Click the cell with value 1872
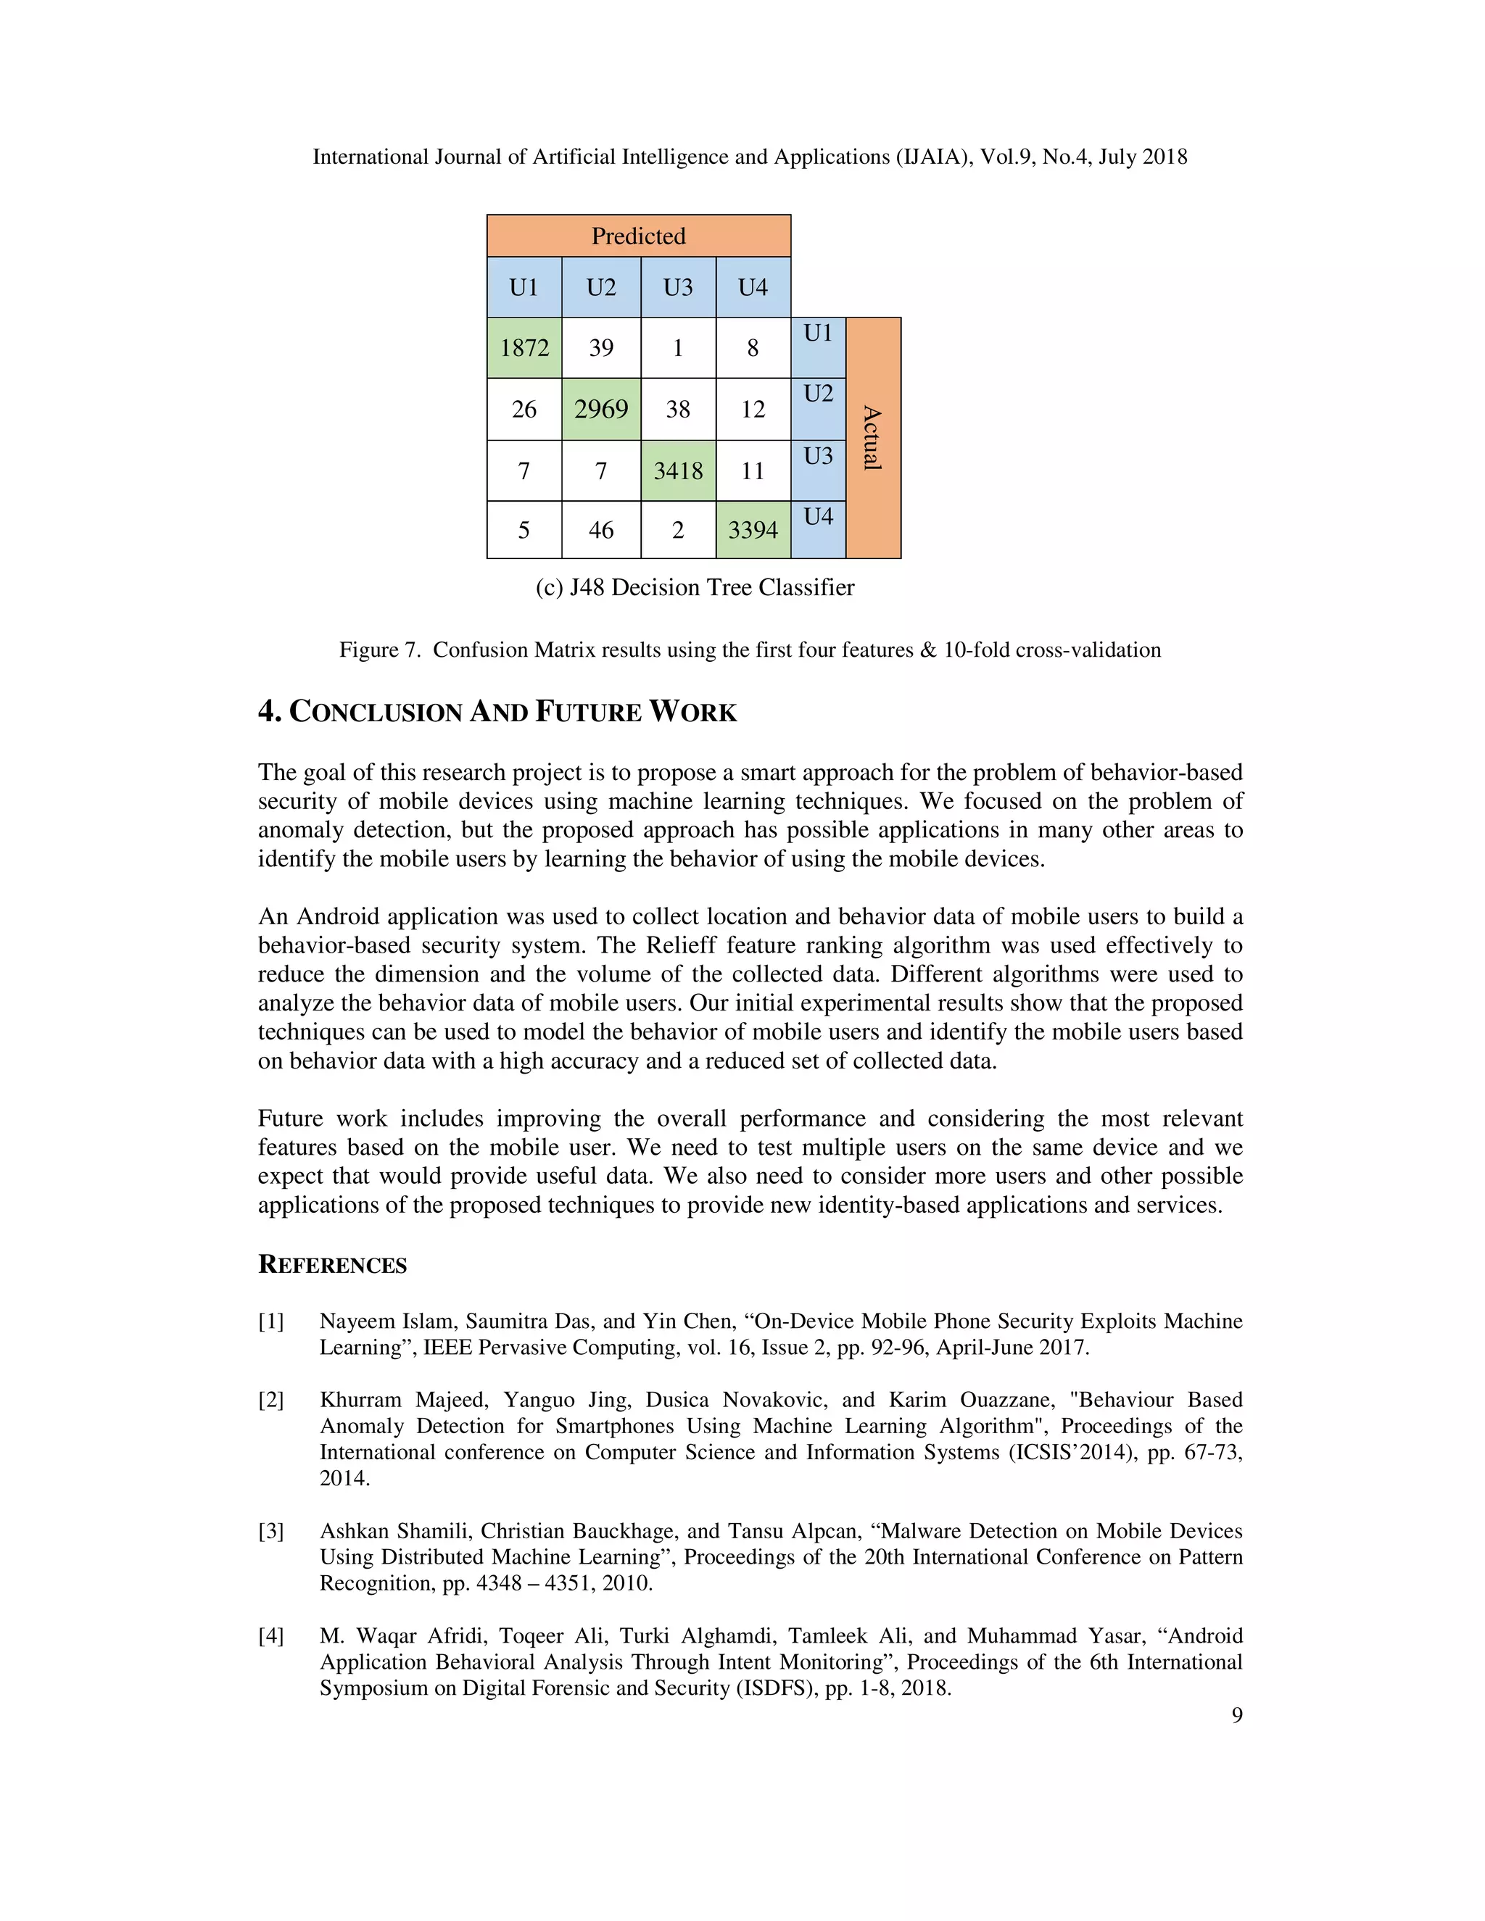[524, 348]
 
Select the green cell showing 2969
[601, 409]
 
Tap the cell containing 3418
[678, 470]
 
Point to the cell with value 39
[601, 348]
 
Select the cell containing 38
[678, 409]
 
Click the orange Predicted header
[639, 236]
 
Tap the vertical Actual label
[873, 438]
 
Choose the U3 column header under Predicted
[678, 288]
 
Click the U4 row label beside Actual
[818, 516]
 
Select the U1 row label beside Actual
[818, 333]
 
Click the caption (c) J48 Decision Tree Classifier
[695, 588]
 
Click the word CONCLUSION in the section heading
[376, 713]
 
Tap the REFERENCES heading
[333, 1265]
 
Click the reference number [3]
[271, 1531]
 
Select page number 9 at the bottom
[1237, 1715]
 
